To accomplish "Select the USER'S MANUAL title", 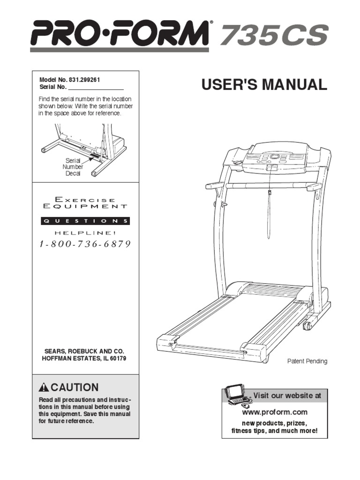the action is point(264,85).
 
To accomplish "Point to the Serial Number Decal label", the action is point(73,167).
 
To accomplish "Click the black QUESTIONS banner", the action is point(85,221).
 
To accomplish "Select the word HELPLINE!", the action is point(85,232).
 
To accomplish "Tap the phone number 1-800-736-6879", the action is point(85,244).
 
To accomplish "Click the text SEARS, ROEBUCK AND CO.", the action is point(85,351).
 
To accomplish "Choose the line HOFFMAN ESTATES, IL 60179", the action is point(85,359).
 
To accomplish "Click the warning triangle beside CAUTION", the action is point(44,388).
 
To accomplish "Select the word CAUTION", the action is point(75,388).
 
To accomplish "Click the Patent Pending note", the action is point(307,361).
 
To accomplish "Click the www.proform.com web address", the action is point(275,412).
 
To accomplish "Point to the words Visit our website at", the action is point(287,396).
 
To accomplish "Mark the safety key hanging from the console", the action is point(270,193).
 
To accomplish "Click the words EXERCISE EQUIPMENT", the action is point(85,202).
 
